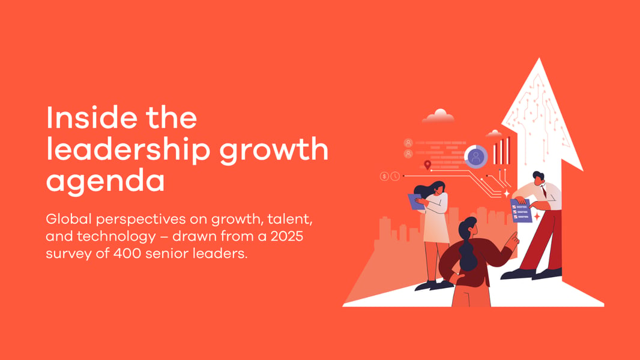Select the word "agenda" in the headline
105,181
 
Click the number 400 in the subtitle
127,253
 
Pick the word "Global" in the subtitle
68,219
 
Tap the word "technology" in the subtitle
116,237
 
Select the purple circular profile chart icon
476,157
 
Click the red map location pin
427,164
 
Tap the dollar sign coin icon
384,176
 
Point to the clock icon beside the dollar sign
395,176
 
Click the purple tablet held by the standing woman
416,202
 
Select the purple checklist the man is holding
521,211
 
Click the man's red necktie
544,191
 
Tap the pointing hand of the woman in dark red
512,240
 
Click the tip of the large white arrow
539,58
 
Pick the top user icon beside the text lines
408,143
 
